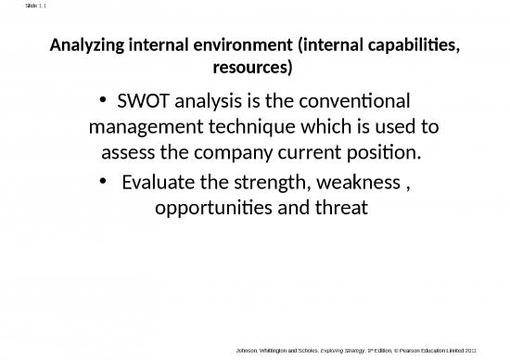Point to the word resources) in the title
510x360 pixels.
tap(253, 68)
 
